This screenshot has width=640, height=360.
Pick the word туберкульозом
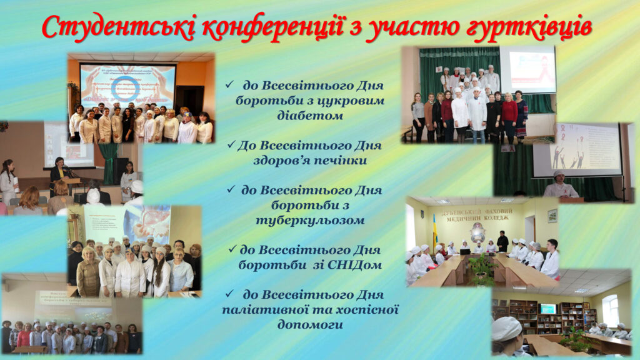tap(311, 221)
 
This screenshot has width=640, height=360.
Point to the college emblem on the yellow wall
tap(479, 231)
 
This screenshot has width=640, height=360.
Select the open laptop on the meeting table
tap(464, 251)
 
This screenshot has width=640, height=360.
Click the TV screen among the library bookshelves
tap(547, 308)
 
